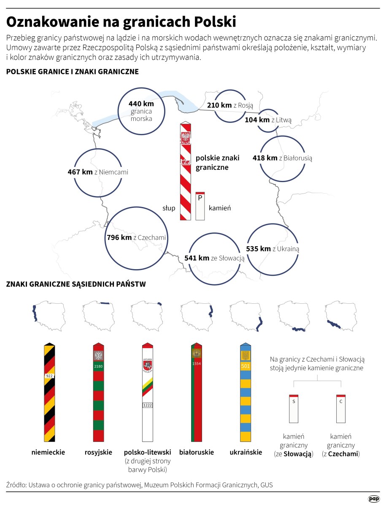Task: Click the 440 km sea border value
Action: point(141,104)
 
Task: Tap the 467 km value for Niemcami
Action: point(80,172)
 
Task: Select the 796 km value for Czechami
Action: point(119,237)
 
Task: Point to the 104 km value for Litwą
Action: point(257,120)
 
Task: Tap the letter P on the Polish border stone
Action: point(200,198)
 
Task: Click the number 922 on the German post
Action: point(49,376)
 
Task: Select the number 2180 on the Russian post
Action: point(98,366)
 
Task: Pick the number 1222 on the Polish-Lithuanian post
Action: point(148,405)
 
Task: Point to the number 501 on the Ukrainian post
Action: point(246,366)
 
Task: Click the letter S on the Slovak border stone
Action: point(294,401)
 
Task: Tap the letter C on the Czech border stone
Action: point(341,401)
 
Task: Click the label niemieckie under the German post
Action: point(49,452)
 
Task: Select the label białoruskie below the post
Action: point(197,452)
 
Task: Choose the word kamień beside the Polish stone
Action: point(220,208)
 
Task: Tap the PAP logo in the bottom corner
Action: point(374,499)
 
